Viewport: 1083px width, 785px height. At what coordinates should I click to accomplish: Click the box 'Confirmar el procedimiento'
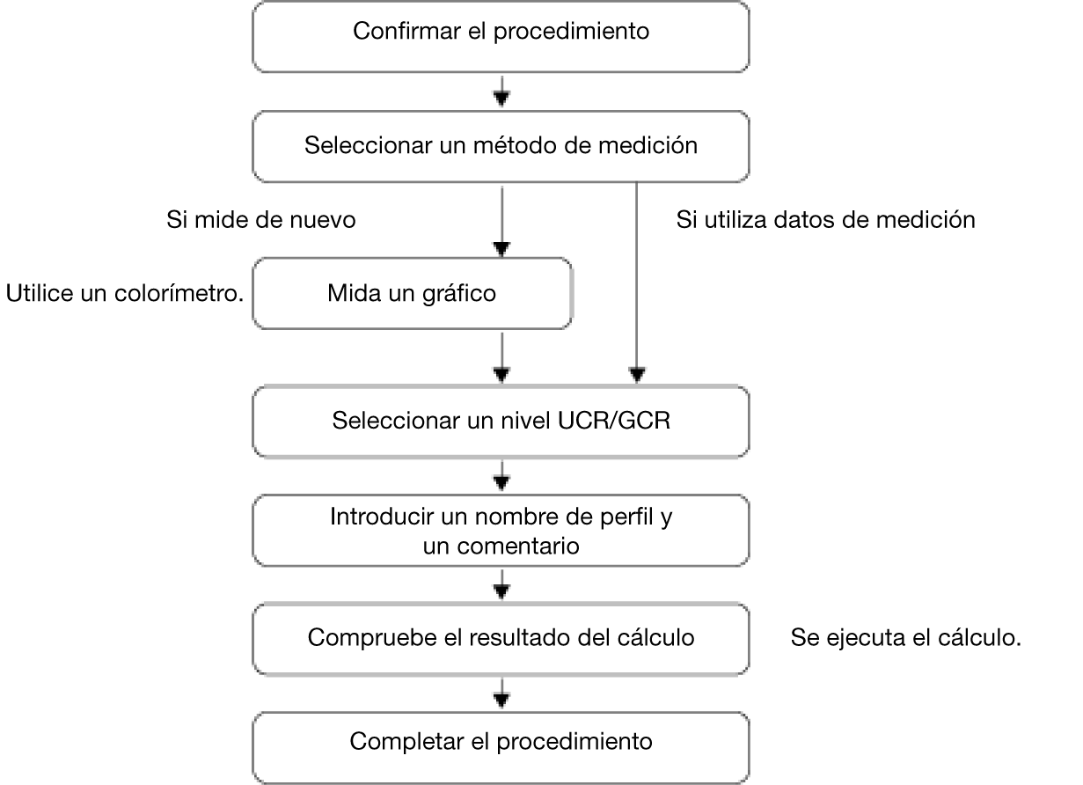501,37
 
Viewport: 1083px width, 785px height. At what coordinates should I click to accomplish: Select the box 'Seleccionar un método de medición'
501,147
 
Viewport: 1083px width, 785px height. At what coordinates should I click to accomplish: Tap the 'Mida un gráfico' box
413,294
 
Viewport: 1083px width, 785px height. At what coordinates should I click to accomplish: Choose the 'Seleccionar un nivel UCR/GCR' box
501,421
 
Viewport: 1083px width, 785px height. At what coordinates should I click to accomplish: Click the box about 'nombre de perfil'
501,530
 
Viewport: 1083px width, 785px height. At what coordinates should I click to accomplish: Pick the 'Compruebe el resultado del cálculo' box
501,639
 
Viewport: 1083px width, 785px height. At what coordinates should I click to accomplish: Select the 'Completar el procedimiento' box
501,748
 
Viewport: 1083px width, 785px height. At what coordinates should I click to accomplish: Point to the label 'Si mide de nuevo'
261,220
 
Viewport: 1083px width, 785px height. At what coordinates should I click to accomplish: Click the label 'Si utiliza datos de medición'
826,220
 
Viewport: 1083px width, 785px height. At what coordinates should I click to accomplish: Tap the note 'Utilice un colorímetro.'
125,294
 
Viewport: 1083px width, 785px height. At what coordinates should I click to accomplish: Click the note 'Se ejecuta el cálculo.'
906,638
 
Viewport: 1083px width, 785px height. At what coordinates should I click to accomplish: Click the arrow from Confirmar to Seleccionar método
501,92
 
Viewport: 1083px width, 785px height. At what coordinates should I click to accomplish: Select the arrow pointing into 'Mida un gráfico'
501,222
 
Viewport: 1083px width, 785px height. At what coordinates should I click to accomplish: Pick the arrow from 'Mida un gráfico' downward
501,358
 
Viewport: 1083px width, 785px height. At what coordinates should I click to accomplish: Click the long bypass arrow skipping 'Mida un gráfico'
637,282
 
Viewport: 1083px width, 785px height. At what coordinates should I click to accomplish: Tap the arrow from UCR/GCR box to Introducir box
501,476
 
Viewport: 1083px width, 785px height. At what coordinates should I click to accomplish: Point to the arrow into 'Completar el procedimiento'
501,693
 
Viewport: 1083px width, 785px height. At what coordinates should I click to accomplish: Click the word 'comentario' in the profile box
518,546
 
